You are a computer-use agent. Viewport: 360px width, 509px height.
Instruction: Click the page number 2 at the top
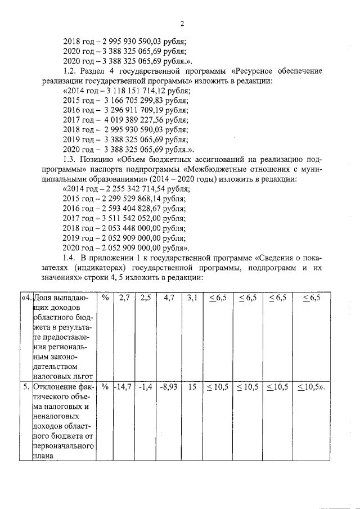(x=182, y=23)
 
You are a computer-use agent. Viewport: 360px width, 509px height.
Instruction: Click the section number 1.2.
(x=71, y=71)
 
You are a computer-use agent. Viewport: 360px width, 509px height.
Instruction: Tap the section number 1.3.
(x=71, y=159)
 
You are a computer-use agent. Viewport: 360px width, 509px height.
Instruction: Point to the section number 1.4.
(x=71, y=257)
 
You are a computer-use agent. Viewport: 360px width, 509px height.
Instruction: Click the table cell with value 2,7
(x=124, y=298)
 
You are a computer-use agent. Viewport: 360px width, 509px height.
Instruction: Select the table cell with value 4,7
(x=168, y=298)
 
